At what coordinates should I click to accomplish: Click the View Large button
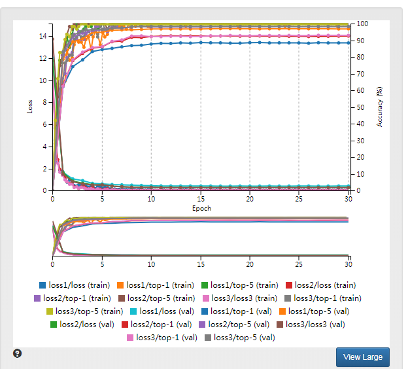point(363,357)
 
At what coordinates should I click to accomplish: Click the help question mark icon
point(18,353)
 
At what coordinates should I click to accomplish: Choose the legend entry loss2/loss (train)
point(320,285)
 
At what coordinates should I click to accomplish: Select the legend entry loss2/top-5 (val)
point(234,325)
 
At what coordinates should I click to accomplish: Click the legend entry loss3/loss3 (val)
point(316,325)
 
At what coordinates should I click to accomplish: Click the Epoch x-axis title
point(201,209)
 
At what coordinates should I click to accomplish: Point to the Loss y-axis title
point(30,107)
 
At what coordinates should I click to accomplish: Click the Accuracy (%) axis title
point(380,105)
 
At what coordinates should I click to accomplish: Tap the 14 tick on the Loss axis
point(42,36)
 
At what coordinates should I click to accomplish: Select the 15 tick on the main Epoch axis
point(201,199)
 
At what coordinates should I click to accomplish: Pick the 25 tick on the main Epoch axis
point(299,199)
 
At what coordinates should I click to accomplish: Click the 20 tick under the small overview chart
point(250,264)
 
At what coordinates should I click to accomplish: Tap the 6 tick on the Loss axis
point(44,124)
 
